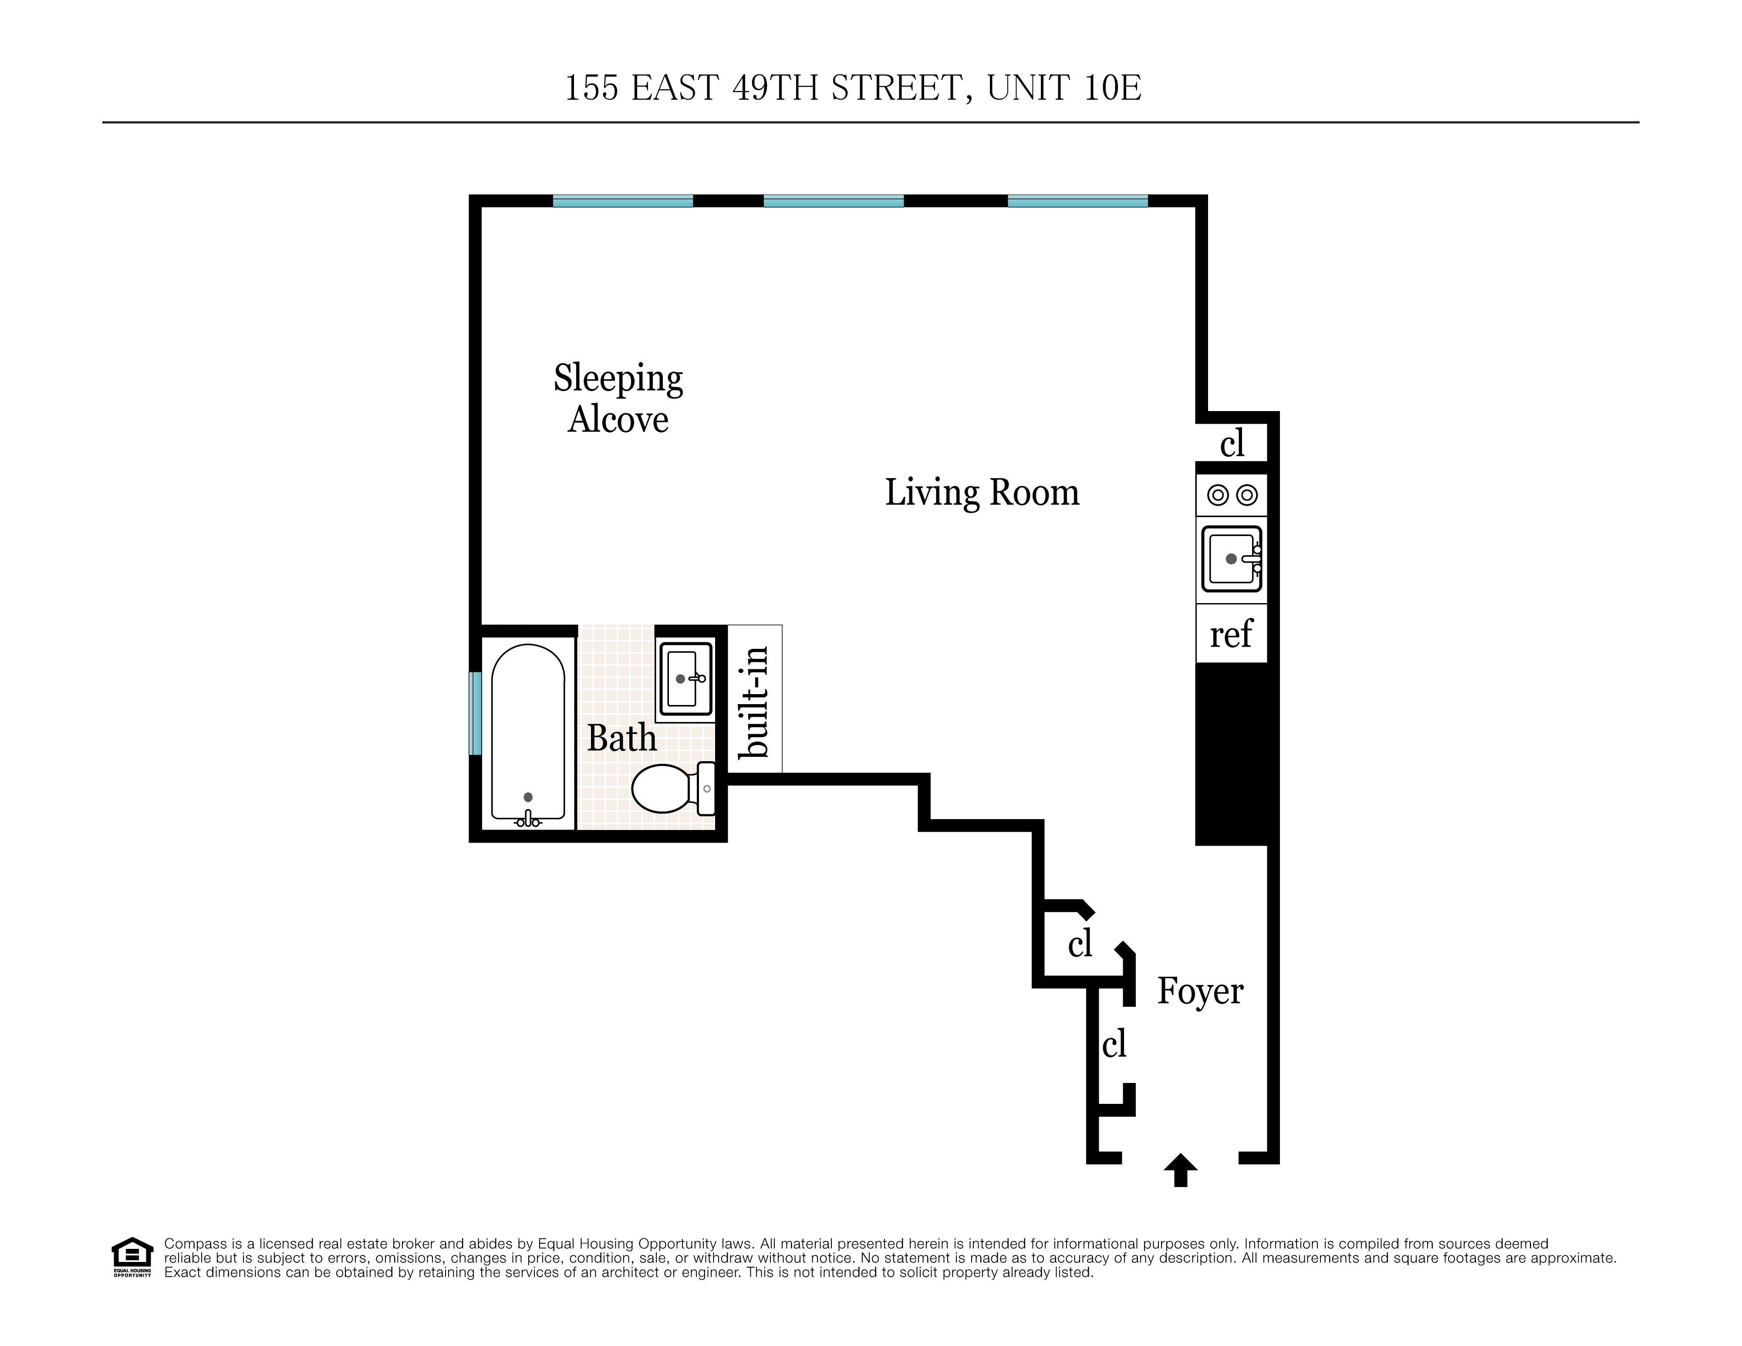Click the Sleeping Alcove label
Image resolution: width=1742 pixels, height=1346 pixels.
[x=618, y=399]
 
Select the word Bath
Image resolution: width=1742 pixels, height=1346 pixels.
[x=621, y=739]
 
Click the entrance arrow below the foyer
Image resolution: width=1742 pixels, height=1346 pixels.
[x=1181, y=1170]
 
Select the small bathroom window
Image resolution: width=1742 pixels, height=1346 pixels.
[x=476, y=713]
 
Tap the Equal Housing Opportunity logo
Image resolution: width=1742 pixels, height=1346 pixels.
[x=132, y=1257]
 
